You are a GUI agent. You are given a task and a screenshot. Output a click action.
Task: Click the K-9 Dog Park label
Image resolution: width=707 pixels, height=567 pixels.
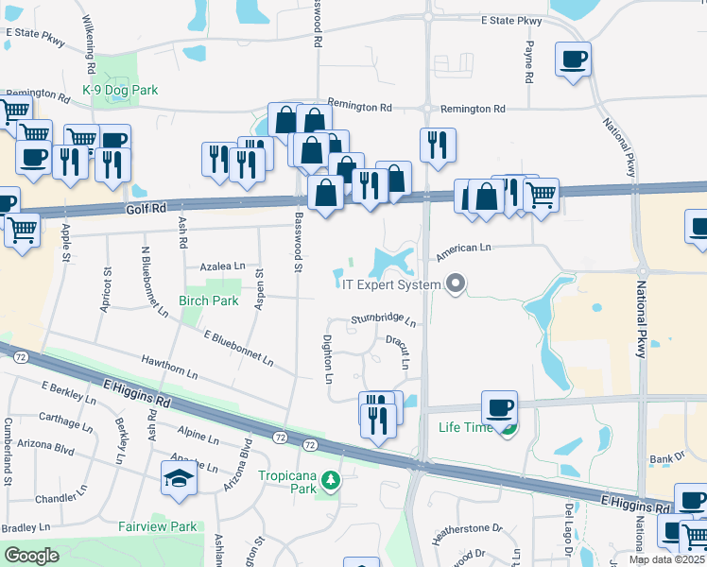pos(120,90)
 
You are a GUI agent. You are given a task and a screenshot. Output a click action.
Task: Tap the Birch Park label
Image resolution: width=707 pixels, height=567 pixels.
pos(208,301)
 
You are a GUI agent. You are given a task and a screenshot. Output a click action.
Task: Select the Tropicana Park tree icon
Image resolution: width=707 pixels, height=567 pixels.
pos(330,481)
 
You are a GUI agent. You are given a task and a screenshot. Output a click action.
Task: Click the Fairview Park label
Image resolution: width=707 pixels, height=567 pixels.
pos(157,526)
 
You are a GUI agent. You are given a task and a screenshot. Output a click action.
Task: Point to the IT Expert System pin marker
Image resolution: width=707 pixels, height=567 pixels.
pos(457,283)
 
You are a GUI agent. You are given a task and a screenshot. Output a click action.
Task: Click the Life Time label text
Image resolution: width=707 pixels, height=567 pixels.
pos(466,427)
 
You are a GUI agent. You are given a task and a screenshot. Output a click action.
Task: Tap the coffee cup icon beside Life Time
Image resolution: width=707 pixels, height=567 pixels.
pos(498,408)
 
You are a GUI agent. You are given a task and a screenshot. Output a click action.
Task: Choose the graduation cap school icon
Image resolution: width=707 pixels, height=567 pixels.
pos(179,479)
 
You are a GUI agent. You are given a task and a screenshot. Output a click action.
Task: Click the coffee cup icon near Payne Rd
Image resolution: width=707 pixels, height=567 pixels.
pos(574,60)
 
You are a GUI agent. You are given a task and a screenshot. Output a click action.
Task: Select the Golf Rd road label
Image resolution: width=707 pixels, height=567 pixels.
pos(145,207)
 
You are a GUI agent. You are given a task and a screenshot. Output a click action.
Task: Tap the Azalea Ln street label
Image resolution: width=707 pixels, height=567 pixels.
pos(220,266)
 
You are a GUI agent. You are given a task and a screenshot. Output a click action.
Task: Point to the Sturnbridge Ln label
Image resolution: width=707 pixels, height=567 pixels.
pos(384,319)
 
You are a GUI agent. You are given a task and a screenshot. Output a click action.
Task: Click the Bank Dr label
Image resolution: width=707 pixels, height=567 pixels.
pos(666,459)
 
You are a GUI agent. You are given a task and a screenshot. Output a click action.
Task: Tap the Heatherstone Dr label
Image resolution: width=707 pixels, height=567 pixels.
pos(468,533)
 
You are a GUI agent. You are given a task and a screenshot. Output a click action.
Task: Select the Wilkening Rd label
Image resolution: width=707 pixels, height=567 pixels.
pos(91,44)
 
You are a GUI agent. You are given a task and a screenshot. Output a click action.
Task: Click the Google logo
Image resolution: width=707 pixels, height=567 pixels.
pos(31,556)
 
